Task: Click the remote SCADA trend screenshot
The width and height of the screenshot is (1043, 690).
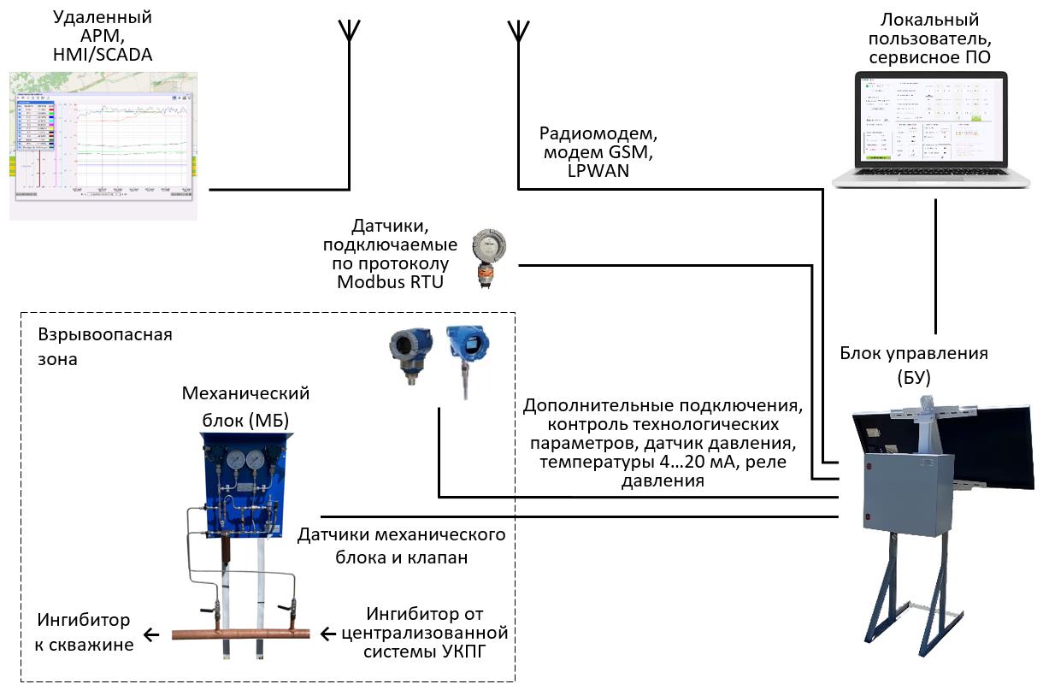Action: coord(103,145)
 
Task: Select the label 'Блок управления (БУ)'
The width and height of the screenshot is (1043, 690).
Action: coord(913,364)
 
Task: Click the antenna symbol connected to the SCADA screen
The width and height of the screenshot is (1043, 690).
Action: coord(349,31)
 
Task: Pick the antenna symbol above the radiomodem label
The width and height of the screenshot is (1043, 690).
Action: coord(517,31)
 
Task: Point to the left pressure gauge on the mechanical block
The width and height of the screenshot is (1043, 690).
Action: coord(233,461)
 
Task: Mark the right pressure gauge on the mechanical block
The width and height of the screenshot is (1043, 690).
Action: coord(255,461)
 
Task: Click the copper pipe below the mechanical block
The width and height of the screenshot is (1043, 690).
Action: coord(240,634)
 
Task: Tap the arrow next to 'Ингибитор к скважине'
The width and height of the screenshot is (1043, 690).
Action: coord(151,634)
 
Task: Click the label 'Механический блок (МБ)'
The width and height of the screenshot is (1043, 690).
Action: coord(245,405)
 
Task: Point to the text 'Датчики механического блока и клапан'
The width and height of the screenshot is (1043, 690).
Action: coord(401,546)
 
